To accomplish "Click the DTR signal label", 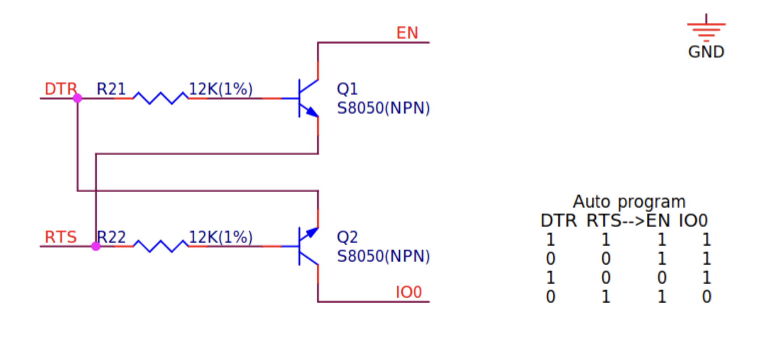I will [60, 89].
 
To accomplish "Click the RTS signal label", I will [60, 237].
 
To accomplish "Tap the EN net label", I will [407, 33].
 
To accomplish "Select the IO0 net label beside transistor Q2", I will [408, 292].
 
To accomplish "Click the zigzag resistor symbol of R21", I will [160, 98].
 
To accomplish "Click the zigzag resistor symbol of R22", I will [160, 246].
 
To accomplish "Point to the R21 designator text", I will [111, 89].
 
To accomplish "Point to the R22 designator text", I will [111, 237].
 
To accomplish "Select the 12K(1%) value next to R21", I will [221, 89].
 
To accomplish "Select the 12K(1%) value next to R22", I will [221, 237].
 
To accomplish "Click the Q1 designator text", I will [347, 89].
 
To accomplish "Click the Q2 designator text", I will [347, 237].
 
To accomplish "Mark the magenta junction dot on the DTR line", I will [77, 98].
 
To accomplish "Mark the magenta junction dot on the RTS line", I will [96, 246].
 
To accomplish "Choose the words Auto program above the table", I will [629, 202].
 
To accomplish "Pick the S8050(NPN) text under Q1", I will [383, 108].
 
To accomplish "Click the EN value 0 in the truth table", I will [662, 277].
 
